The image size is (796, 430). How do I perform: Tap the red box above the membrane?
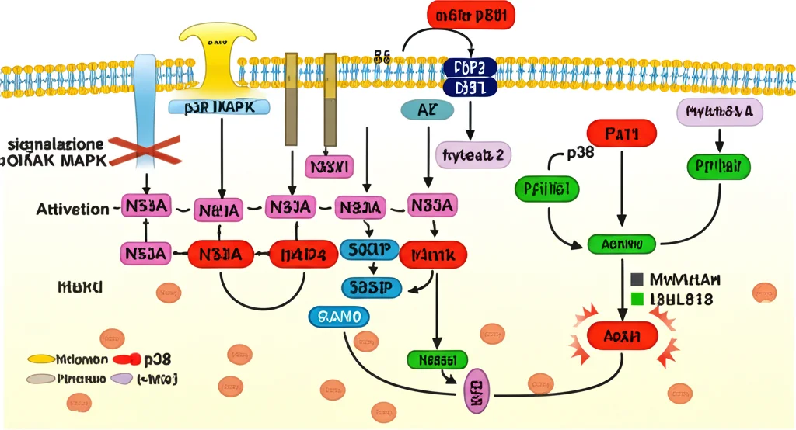click(x=470, y=15)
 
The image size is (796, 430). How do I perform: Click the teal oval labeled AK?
click(x=427, y=110)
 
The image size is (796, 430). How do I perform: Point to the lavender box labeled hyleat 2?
click(x=473, y=155)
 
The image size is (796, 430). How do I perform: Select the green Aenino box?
click(x=621, y=244)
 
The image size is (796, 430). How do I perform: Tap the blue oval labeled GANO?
click(x=339, y=316)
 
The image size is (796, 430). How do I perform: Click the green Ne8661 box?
click(x=437, y=359)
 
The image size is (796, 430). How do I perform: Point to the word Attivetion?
click(x=72, y=209)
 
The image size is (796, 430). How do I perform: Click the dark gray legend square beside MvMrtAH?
click(x=637, y=279)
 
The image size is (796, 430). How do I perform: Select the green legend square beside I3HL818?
click(x=637, y=298)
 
